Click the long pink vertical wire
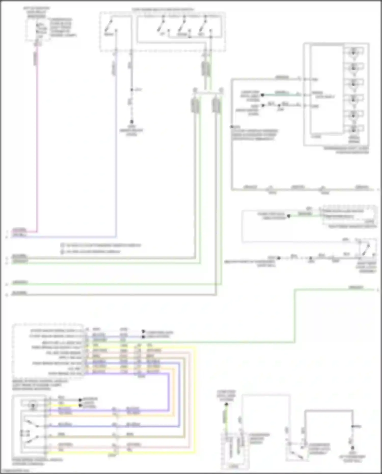pyautogui.click(x=37, y=143)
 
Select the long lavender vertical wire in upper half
pyautogui.click(x=117, y=153)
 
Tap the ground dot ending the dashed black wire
pyautogui.click(x=132, y=122)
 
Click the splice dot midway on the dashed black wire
pyautogui.click(x=132, y=90)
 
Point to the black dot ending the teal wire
pyautogui.click(x=263, y=95)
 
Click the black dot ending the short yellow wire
pyautogui.click(x=80, y=405)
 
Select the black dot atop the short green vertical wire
pyautogui.click(x=226, y=404)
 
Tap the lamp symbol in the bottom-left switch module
pyautogui.click(x=33, y=405)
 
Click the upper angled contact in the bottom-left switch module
pyautogui.click(x=32, y=423)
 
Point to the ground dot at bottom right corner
pyautogui.click(x=353, y=448)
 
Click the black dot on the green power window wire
pyautogui.click(x=289, y=216)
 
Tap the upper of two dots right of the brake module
pyautogui.click(x=143, y=331)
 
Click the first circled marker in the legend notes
pyautogui.click(x=62, y=245)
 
